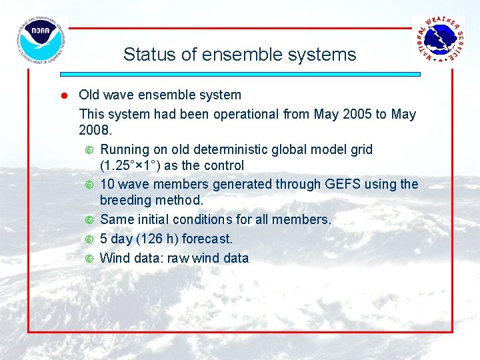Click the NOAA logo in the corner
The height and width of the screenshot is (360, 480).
[41, 41]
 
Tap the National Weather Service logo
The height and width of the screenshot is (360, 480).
[437, 40]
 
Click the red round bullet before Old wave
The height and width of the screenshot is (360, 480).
[65, 95]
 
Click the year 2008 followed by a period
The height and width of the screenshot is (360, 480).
[95, 130]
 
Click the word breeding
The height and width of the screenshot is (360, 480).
[127, 200]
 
